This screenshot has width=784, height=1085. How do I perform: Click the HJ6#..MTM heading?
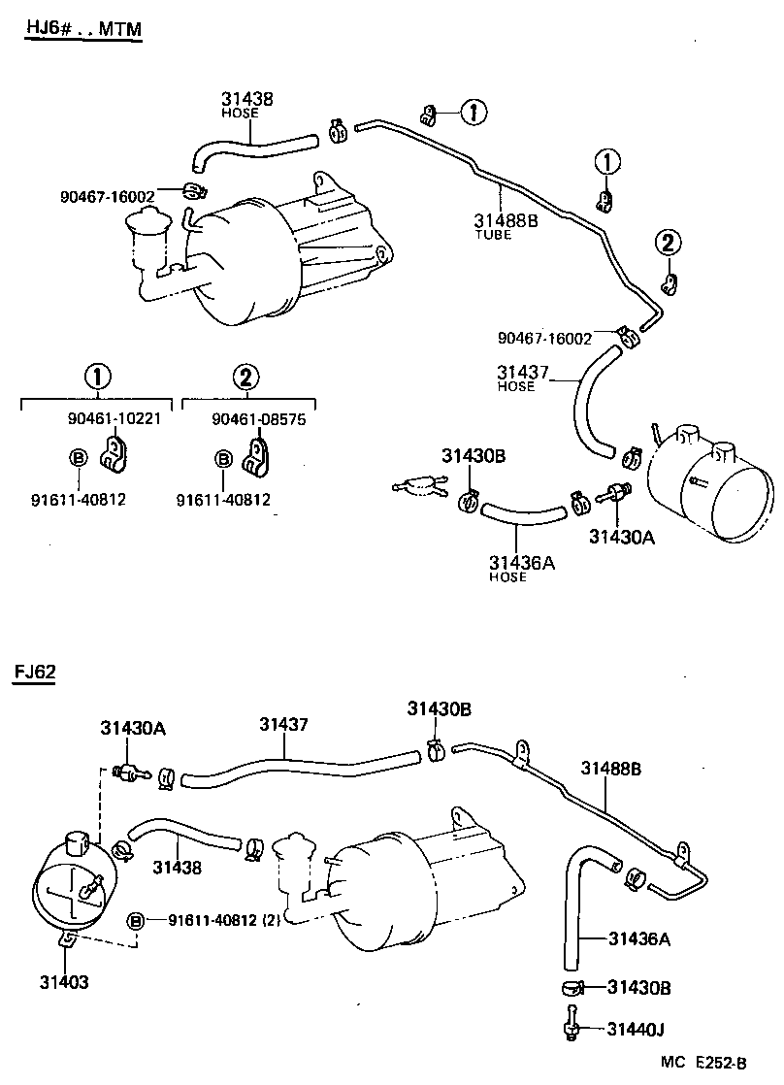(82, 30)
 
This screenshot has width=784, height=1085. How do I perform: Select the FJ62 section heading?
(34, 674)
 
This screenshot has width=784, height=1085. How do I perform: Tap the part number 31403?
(64, 982)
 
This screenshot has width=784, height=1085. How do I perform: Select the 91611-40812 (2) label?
(224, 920)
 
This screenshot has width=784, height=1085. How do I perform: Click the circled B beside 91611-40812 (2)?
(136, 920)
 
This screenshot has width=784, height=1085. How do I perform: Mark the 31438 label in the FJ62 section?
(177, 868)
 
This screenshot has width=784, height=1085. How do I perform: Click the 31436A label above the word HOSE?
(521, 562)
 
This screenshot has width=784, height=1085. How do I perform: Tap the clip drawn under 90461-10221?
(117, 452)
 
